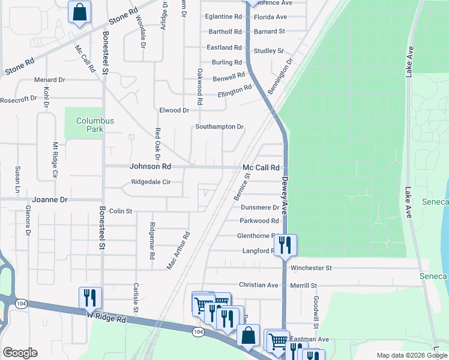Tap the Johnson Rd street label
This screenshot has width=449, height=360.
tap(151, 166)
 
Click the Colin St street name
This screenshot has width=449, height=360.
tap(120, 211)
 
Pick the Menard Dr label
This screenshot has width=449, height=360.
tap(49, 80)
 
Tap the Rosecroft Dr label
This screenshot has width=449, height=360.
tap(23, 99)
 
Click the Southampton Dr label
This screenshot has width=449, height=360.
tap(220, 127)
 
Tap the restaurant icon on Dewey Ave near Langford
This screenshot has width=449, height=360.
tap(285, 245)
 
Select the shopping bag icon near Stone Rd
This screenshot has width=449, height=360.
tap(79, 12)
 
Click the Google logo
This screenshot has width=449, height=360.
tap(20, 353)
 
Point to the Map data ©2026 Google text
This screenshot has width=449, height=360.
tap(412, 355)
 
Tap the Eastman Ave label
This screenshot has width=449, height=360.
tap(309, 340)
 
